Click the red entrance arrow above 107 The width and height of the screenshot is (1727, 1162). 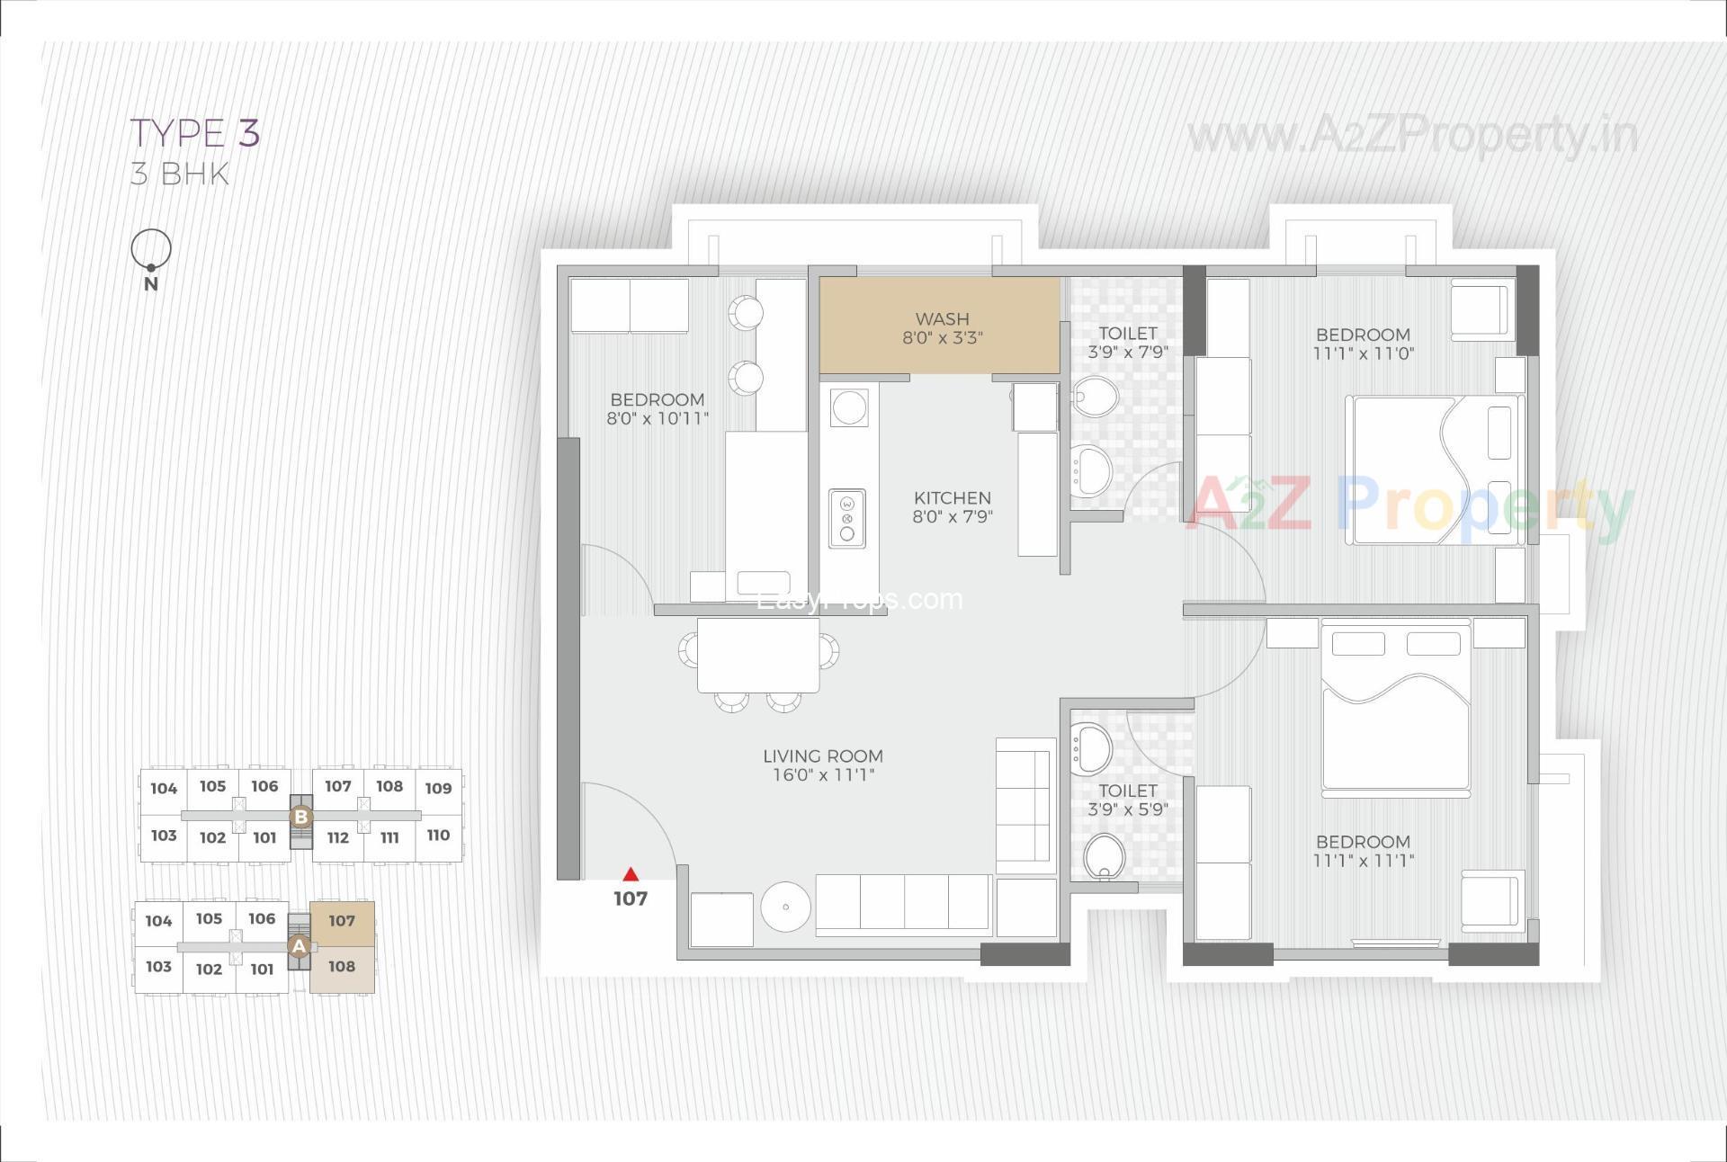[x=631, y=874]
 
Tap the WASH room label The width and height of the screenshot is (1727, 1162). [x=942, y=319]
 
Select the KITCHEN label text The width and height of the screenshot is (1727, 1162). [x=952, y=498]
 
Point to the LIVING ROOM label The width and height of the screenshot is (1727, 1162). [x=823, y=756]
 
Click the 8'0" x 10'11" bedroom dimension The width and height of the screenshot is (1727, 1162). [x=658, y=419]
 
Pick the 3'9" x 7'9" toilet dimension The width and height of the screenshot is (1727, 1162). [x=1127, y=353]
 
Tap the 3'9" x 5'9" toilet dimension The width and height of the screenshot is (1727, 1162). [x=1127, y=809]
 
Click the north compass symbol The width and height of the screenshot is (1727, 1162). [x=151, y=251]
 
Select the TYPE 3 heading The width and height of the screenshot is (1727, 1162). [x=195, y=133]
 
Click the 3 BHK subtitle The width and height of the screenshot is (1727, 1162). [x=180, y=174]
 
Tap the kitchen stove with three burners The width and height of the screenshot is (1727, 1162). [x=846, y=519]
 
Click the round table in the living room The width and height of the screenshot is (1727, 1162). [x=785, y=907]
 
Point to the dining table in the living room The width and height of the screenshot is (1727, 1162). [x=758, y=656]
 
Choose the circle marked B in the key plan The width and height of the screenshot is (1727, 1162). [x=301, y=818]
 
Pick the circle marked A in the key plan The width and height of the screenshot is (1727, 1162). [x=299, y=946]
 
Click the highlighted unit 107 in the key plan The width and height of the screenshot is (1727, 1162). [x=342, y=922]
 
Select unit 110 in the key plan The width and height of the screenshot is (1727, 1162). [x=438, y=836]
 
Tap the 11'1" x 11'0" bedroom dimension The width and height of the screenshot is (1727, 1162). [x=1363, y=354]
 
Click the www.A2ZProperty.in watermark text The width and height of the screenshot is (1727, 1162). [x=1412, y=137]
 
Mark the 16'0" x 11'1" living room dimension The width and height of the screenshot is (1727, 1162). [x=823, y=775]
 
